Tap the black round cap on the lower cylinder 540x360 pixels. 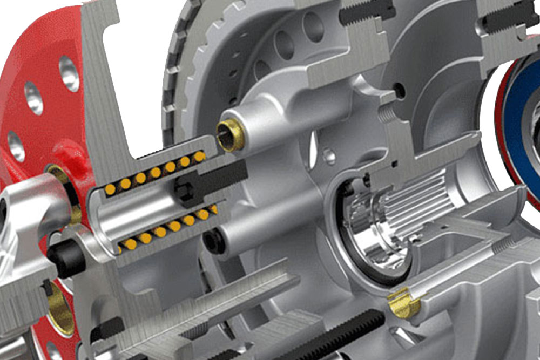pyautogui.click(x=214, y=242)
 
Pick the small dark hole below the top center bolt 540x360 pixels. pyautogui.click(x=400, y=91)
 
